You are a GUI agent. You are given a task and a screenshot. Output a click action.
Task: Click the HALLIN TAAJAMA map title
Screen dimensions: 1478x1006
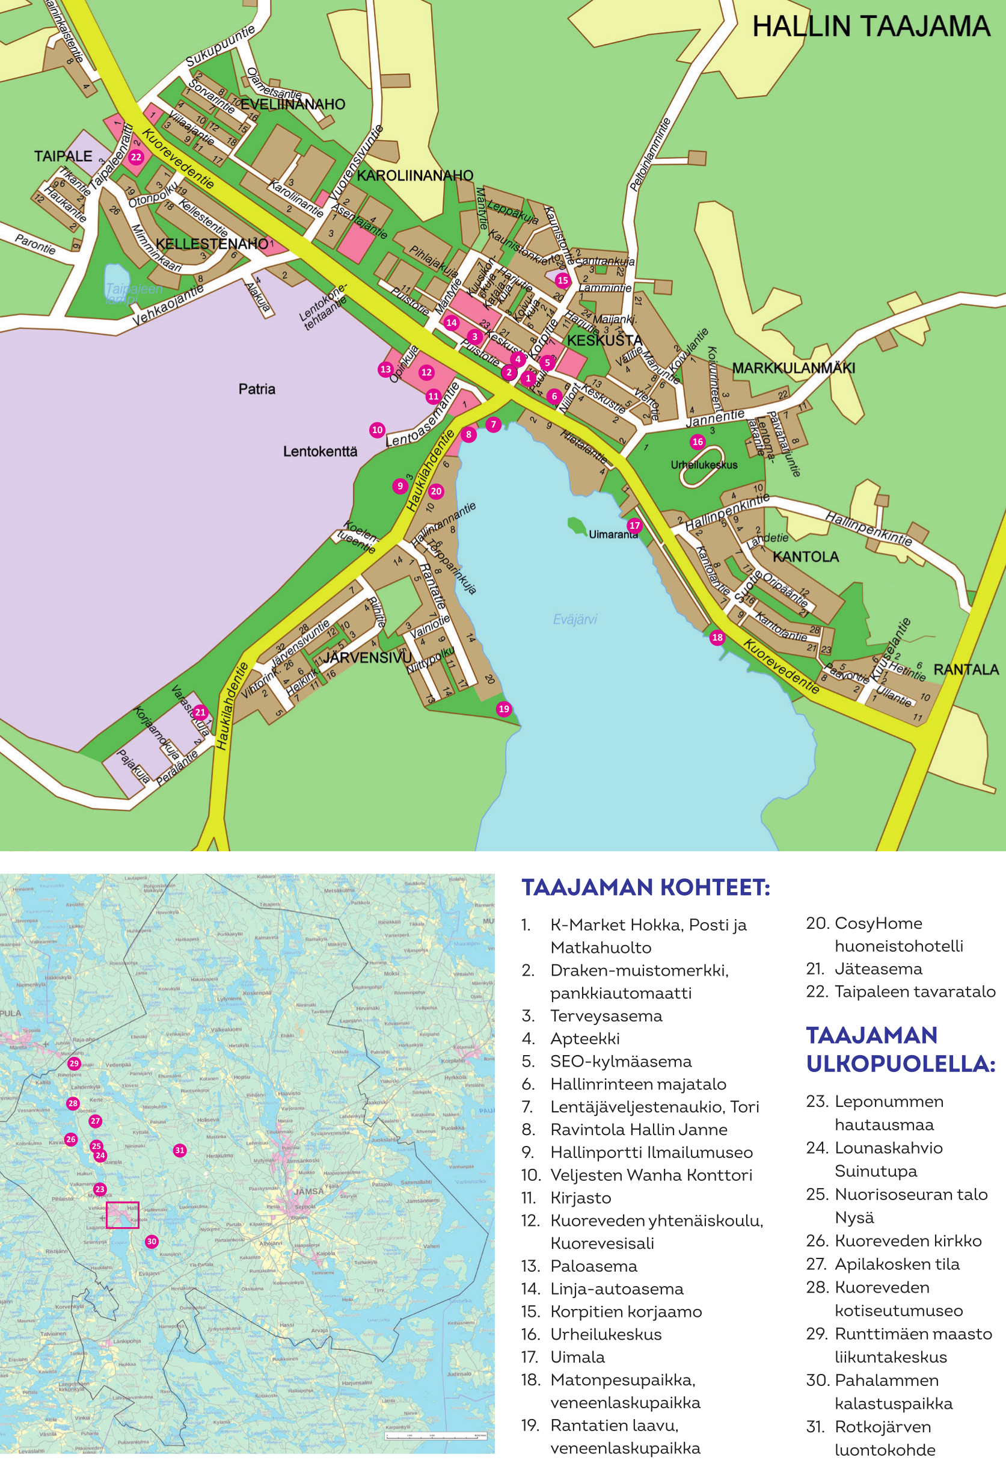(871, 26)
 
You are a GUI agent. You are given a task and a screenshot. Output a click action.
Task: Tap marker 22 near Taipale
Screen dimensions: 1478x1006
(136, 157)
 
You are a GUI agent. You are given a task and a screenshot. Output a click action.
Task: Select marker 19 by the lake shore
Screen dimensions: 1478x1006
(504, 709)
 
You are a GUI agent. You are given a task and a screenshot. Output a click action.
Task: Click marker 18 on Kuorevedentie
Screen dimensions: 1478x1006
(717, 637)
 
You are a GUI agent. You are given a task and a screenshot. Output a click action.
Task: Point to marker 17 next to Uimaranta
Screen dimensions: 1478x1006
(634, 525)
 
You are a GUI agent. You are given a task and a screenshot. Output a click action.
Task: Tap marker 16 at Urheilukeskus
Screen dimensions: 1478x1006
(698, 442)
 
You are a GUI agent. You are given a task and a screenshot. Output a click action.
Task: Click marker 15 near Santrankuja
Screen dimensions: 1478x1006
(562, 280)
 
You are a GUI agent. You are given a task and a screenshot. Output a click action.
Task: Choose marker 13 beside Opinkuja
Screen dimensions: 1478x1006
(385, 369)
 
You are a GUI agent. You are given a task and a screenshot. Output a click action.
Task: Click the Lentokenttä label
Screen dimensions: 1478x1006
(320, 452)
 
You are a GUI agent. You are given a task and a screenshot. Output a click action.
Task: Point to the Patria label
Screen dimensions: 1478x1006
(257, 389)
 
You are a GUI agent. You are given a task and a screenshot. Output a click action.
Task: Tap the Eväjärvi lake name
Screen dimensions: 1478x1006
(575, 619)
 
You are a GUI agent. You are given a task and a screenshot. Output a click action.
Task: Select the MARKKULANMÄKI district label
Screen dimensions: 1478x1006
(793, 368)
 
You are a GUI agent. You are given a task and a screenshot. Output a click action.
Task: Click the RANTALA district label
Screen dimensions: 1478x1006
(965, 669)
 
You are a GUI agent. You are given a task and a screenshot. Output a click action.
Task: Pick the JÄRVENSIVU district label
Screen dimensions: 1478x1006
(367, 657)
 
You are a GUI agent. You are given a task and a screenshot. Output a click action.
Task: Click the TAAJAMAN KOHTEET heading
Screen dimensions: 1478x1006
(645, 887)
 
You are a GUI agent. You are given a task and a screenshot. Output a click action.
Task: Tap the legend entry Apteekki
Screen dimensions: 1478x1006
(584, 1038)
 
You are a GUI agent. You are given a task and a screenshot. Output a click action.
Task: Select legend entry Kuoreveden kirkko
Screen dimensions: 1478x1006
(907, 1241)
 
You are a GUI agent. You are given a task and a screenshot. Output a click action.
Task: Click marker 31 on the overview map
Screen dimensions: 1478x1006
(180, 1150)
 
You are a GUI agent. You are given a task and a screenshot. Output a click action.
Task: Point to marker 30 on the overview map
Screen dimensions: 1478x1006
(152, 1242)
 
